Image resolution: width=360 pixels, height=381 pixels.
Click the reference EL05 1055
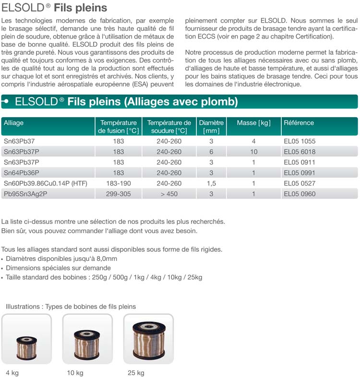(x=300, y=141)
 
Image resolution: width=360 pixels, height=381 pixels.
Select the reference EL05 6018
(x=300, y=152)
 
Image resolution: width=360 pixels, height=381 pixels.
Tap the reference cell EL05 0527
(x=300, y=184)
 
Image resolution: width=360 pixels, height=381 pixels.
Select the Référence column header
(x=299, y=123)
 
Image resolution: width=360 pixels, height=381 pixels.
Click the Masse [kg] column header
(x=253, y=123)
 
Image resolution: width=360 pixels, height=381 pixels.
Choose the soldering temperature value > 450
(x=169, y=194)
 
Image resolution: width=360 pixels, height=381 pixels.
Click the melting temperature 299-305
(x=118, y=194)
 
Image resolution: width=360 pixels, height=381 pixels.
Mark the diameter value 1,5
(x=211, y=184)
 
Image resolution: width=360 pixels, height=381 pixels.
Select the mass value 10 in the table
(x=253, y=152)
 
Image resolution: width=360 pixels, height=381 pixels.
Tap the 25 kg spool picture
(x=148, y=339)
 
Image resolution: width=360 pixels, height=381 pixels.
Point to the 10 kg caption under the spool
(x=75, y=373)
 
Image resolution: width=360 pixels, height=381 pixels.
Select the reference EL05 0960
(x=300, y=194)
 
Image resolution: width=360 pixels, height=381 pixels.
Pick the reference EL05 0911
(x=300, y=162)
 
